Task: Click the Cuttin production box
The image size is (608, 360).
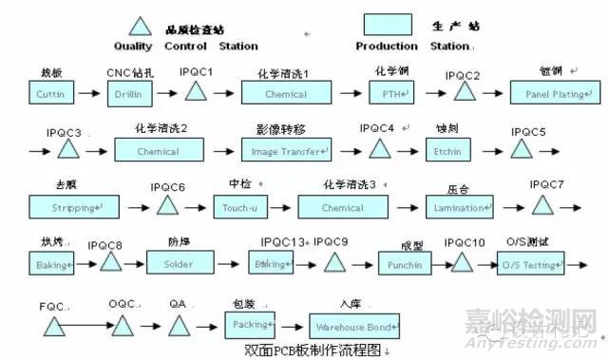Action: point(50,94)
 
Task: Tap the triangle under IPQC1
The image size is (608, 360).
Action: point(196,92)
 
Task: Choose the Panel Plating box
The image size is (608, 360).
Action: point(552,94)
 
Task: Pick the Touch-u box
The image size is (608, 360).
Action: point(239,207)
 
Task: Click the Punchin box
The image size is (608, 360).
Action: point(406,265)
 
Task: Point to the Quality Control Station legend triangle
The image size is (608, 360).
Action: point(141,26)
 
